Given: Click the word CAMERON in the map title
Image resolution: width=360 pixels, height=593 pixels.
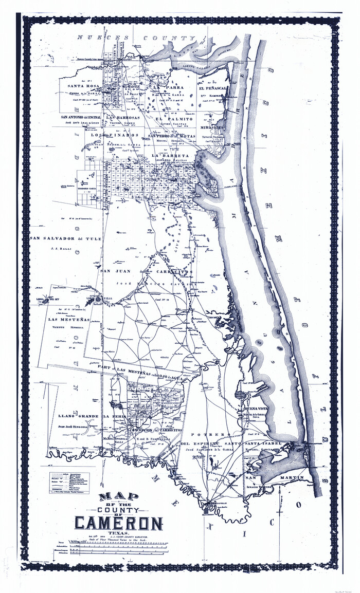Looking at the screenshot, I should pyautogui.click(x=119, y=523).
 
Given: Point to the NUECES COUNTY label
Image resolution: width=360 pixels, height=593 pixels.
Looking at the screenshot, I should pyautogui.click(x=136, y=38).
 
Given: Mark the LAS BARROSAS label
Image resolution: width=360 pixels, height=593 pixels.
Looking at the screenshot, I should pyautogui.click(x=120, y=118).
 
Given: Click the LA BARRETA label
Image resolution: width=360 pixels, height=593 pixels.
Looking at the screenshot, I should pyautogui.click(x=170, y=155).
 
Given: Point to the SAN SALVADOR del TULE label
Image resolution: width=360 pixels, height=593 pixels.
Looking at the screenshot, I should pyautogui.click(x=65, y=238).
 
